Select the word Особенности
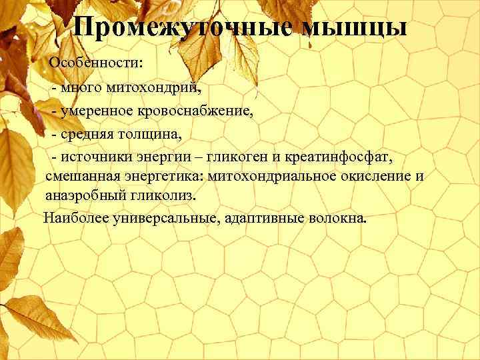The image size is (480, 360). [97, 64]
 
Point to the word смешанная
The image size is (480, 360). [83, 177]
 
